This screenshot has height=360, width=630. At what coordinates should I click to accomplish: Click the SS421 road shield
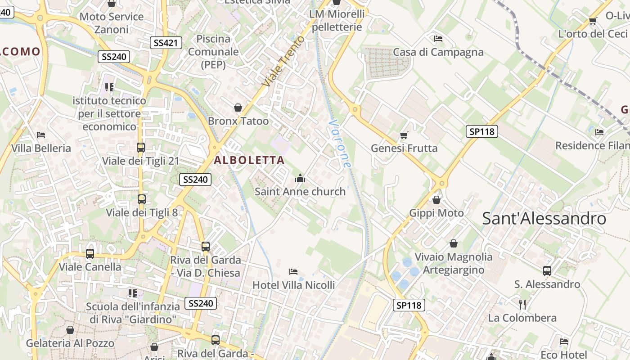click(166, 43)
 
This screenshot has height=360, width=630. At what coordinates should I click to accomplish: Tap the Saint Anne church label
click(300, 192)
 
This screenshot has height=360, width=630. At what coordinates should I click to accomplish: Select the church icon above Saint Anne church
click(300, 179)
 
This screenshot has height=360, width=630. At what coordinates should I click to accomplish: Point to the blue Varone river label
click(339, 143)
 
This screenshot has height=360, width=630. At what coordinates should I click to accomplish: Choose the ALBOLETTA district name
click(249, 160)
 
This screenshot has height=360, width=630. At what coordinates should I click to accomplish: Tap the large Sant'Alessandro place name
click(544, 219)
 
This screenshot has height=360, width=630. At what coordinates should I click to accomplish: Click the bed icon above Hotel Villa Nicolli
click(293, 272)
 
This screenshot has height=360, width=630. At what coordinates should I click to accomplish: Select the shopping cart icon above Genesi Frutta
click(404, 135)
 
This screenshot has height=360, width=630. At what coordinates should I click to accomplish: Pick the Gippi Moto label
click(436, 213)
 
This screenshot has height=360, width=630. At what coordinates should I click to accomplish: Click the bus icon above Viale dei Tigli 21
click(141, 148)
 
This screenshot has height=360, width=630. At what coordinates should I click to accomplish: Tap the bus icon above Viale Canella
click(90, 254)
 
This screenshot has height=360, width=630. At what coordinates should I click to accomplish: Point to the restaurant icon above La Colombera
click(522, 305)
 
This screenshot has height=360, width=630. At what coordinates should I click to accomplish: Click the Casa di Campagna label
click(438, 52)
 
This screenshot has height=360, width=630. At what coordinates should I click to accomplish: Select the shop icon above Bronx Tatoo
click(238, 108)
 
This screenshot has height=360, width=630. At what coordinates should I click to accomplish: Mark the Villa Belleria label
click(41, 148)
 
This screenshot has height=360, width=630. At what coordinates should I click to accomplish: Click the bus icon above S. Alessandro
click(547, 271)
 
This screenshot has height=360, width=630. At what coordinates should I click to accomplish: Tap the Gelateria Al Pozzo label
click(70, 343)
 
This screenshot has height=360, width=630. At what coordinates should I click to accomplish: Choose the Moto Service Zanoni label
click(112, 23)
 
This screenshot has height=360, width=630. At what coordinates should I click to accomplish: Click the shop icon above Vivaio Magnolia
click(454, 243)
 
